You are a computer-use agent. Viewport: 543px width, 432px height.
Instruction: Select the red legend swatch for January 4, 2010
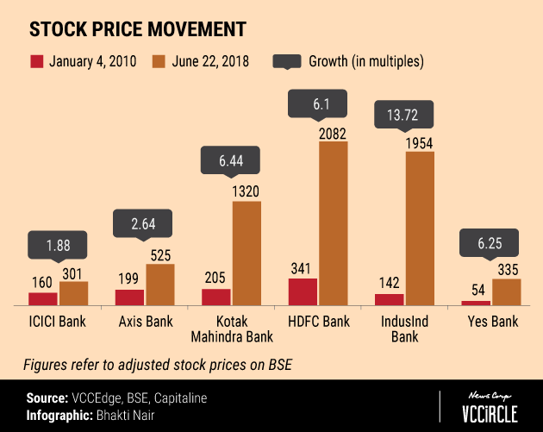tap(35, 61)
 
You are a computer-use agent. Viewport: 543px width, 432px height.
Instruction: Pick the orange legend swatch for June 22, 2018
tap(159, 61)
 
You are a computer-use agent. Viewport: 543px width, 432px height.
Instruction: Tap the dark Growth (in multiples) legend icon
tap(287, 61)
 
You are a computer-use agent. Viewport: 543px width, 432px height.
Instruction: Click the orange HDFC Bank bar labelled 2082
tap(334, 223)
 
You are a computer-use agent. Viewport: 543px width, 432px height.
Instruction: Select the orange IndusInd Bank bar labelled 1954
tap(420, 229)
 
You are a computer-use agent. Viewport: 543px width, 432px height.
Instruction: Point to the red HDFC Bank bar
tap(303, 291)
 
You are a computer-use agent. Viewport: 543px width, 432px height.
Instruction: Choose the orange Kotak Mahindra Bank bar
tap(247, 253)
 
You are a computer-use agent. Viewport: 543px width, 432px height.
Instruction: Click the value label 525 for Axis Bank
tap(161, 254)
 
